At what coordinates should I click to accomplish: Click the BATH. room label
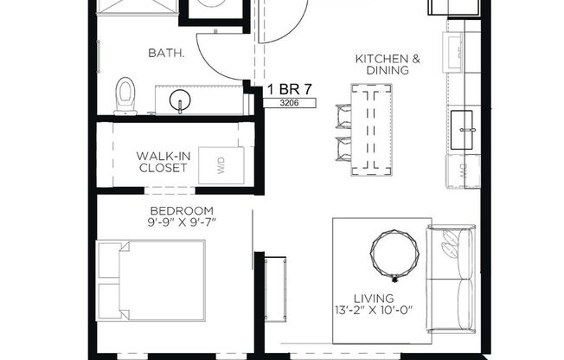point(166,53)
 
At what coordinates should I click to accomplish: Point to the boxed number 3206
point(290,103)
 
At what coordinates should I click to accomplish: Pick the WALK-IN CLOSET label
point(162,162)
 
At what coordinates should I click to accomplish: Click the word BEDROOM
point(181,211)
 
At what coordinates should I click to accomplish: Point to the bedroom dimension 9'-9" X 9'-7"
point(182,223)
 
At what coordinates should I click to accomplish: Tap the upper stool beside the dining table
point(342,115)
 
